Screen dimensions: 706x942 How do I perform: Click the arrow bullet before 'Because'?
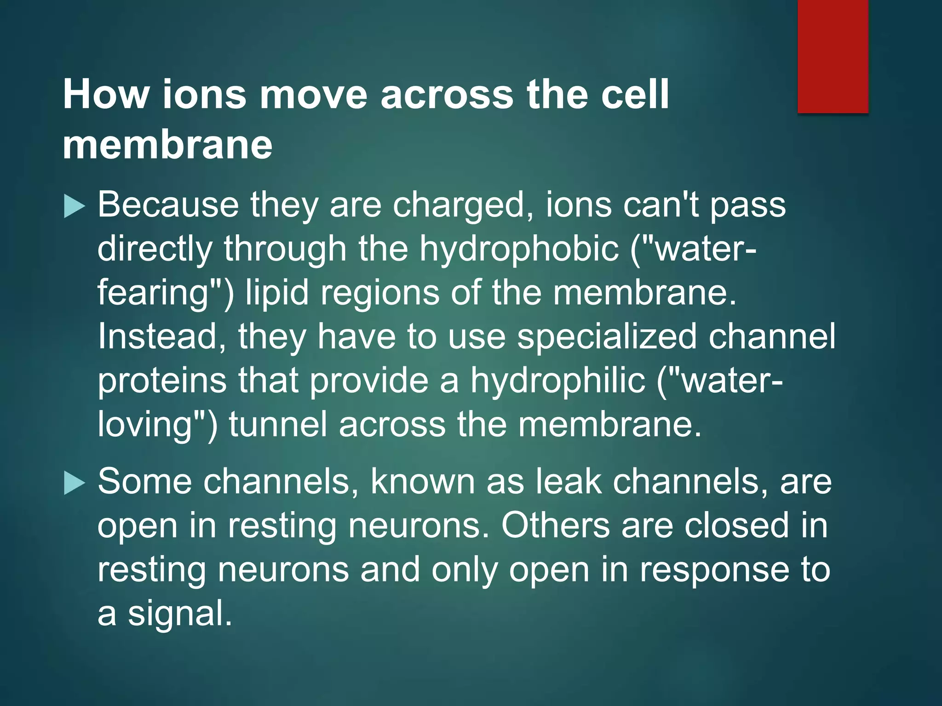point(75,206)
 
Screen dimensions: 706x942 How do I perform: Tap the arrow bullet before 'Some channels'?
point(75,484)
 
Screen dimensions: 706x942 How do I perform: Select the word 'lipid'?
point(277,293)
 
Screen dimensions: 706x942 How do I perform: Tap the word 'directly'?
point(155,249)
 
